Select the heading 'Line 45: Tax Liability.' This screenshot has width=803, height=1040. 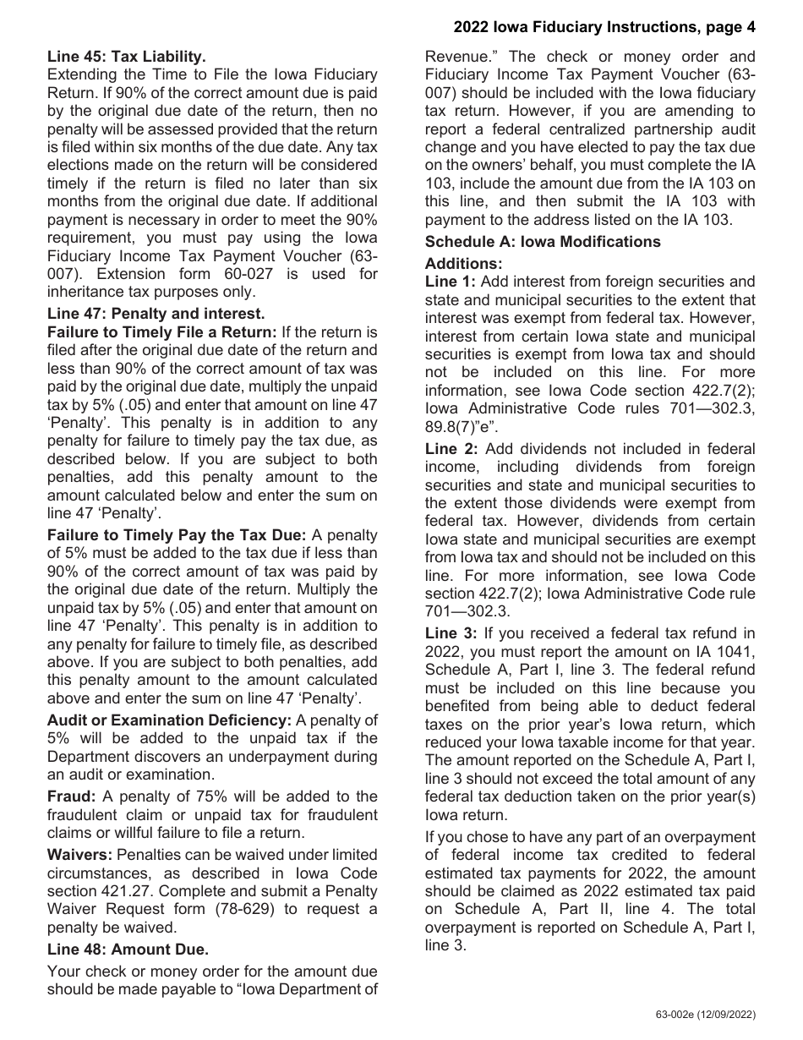pos(126,57)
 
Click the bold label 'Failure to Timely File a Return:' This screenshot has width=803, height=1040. pos(161,332)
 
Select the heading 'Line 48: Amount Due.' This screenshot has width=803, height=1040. pos(128,949)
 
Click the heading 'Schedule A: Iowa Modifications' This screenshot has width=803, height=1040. pos(543,242)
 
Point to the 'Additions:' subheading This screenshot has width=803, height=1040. pos(463,263)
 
